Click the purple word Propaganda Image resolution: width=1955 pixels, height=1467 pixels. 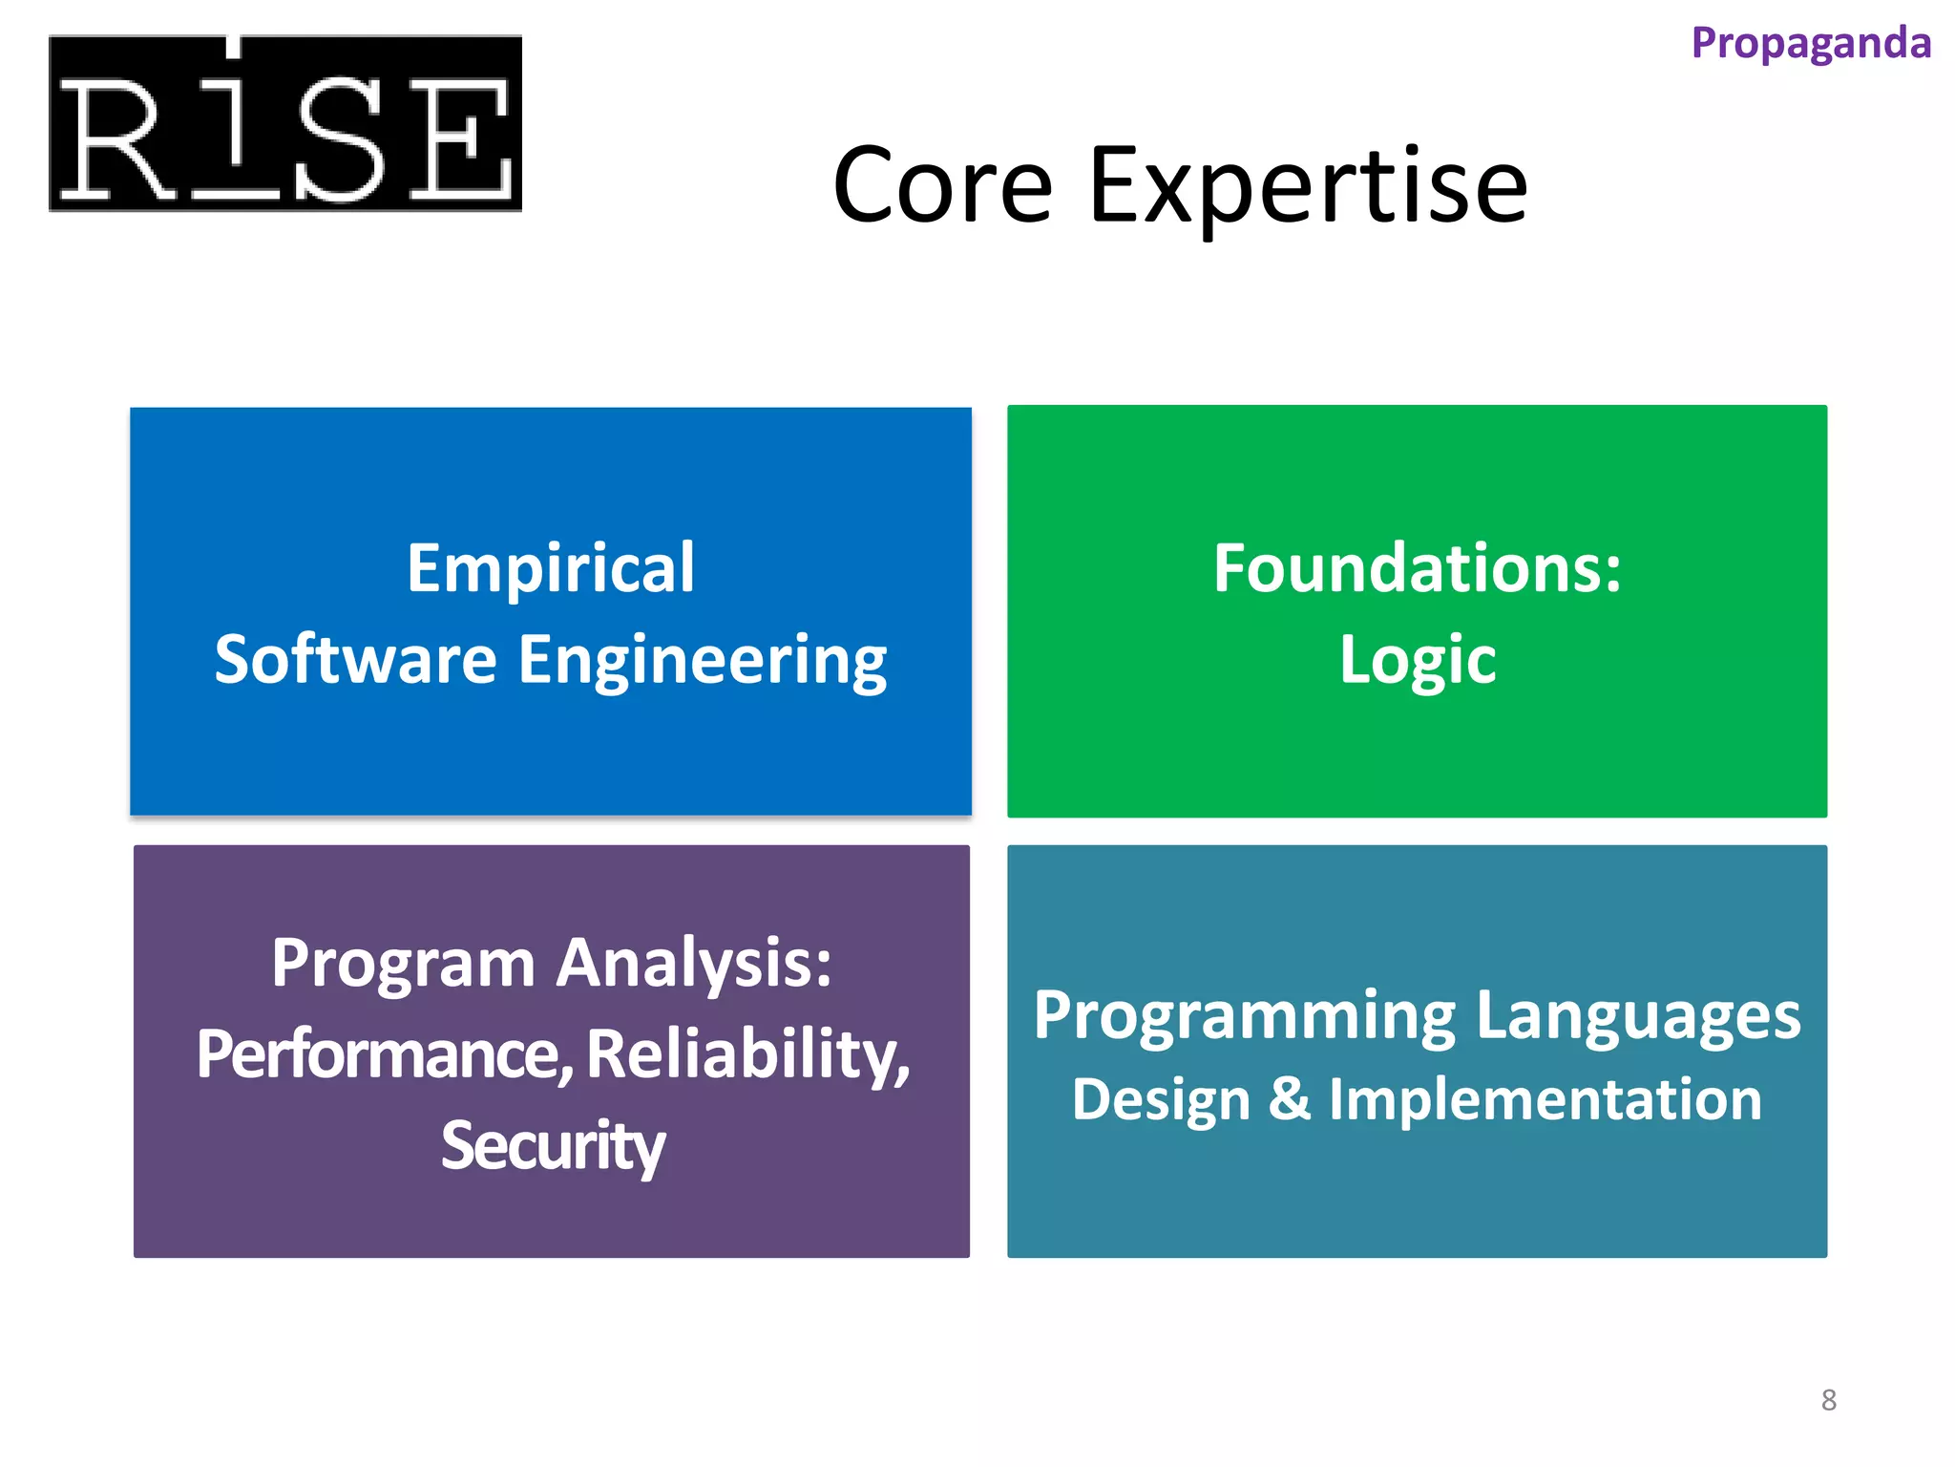pyautogui.click(x=1810, y=44)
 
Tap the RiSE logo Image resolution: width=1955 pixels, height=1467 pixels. pyautogui.click(x=284, y=124)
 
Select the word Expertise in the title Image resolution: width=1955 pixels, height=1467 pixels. pyautogui.click(x=1307, y=186)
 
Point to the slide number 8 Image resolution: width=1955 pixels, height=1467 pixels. pyautogui.click(x=1828, y=1400)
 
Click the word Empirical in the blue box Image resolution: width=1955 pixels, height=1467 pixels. pyautogui.click(x=551, y=568)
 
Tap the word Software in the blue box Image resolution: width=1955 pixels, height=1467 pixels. pyautogui.click(x=355, y=660)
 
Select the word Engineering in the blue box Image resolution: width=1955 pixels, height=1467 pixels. pyautogui.click(x=703, y=660)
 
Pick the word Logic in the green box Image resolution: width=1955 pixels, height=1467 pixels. pyautogui.click(x=1418, y=660)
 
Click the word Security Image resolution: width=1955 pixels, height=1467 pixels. pyautogui.click(x=553, y=1145)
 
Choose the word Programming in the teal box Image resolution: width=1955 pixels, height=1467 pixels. pyautogui.click(x=1245, y=1016)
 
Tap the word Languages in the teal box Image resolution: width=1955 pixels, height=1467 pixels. pyautogui.click(x=1638, y=1016)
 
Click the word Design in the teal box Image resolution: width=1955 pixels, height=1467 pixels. pyautogui.click(x=1161, y=1100)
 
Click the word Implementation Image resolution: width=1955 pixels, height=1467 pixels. pyautogui.click(x=1545, y=1100)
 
